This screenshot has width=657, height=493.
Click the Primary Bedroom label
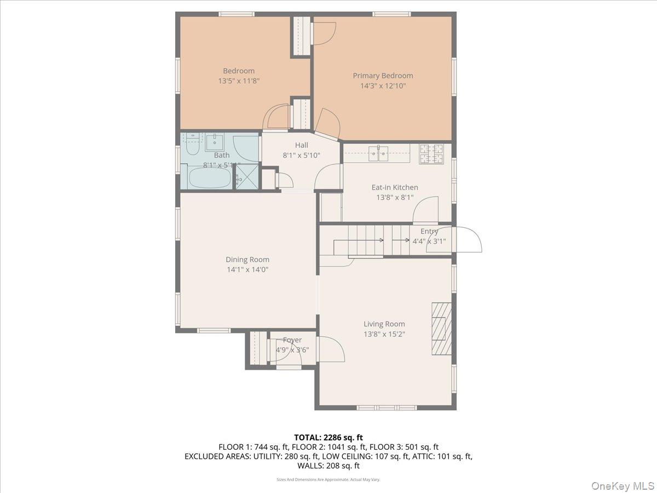pos(383,76)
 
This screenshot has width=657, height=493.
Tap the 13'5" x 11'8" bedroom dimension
pos(238,81)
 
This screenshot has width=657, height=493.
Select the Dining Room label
pos(247,260)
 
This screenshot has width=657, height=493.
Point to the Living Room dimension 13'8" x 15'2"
pos(384,334)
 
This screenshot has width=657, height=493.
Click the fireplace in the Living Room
pos(441,329)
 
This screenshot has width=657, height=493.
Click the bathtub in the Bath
pos(210,177)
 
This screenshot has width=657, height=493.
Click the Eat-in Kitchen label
pos(395,187)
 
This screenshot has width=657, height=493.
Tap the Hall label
pos(301,145)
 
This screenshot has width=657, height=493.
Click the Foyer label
pos(292,340)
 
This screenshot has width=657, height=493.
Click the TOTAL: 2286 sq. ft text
pos(328,437)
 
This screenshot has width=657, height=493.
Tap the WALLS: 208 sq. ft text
pos(328,466)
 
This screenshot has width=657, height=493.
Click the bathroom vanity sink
pos(215,142)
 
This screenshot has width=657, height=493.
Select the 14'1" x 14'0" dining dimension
pos(247,270)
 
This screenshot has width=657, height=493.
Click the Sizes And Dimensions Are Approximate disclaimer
pos(328,479)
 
